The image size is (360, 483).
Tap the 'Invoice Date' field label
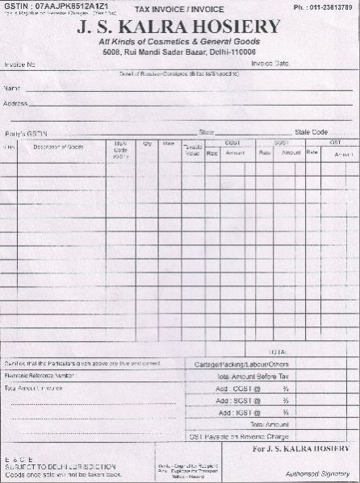(270, 63)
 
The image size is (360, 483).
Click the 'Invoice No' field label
(20, 64)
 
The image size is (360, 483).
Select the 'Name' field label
(12, 87)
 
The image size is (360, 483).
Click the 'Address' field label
(16, 104)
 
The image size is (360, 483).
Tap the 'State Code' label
(312, 131)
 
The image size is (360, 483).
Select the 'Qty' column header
(148, 144)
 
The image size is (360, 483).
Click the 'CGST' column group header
(232, 142)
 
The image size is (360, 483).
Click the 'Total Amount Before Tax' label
(251, 377)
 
